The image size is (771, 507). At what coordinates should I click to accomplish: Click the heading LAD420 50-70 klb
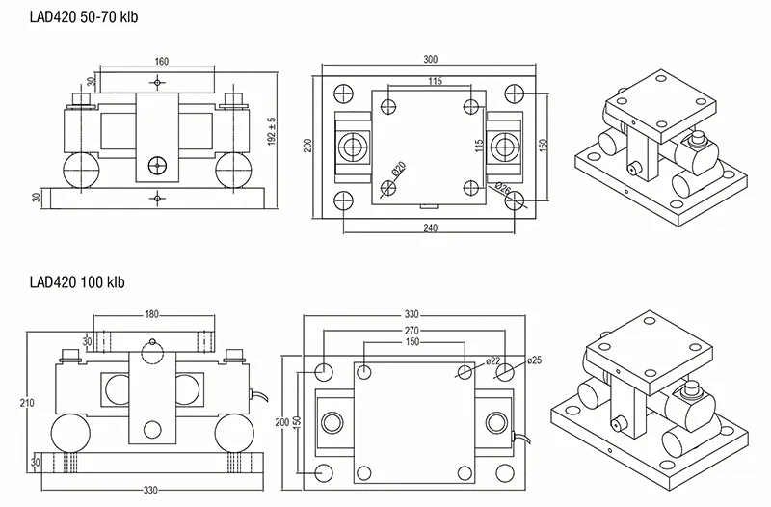(x=84, y=17)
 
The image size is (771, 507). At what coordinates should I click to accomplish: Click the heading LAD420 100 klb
(x=77, y=282)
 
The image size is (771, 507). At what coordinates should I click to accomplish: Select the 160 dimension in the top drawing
(x=161, y=62)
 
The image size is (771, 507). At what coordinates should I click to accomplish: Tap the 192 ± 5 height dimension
(x=272, y=131)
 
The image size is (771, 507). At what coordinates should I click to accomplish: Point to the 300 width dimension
(x=430, y=60)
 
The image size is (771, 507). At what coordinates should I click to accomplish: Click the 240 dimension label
(x=430, y=227)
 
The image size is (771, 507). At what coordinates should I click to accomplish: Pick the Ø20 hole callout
(x=399, y=169)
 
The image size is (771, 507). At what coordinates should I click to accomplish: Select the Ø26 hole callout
(x=503, y=189)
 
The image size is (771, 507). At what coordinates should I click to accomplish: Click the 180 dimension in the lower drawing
(x=152, y=314)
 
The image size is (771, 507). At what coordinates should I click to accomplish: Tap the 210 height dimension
(x=27, y=403)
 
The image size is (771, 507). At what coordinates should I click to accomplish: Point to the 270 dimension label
(x=412, y=330)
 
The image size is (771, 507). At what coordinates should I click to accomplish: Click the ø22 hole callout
(x=492, y=361)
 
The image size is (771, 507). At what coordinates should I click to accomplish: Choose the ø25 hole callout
(x=534, y=360)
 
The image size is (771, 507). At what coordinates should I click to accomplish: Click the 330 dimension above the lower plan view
(x=412, y=314)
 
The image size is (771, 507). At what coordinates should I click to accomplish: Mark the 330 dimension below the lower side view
(x=150, y=490)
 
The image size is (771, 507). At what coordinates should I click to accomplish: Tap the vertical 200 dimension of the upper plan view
(x=307, y=146)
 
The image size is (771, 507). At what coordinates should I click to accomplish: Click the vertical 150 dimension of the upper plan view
(x=543, y=146)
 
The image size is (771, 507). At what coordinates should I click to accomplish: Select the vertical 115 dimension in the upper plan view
(x=479, y=146)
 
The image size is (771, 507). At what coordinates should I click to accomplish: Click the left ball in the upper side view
(x=81, y=171)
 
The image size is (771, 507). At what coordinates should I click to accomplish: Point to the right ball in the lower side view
(x=234, y=433)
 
